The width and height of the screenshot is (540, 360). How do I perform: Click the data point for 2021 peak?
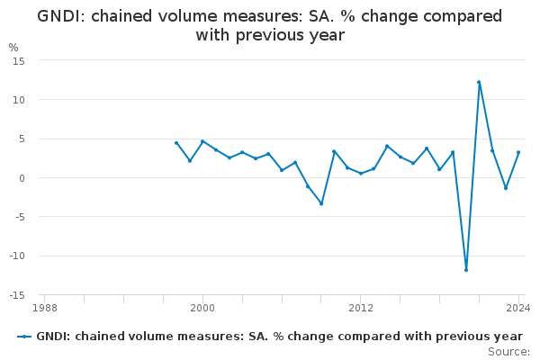click(x=479, y=82)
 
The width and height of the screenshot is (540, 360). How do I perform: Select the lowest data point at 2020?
click(x=466, y=270)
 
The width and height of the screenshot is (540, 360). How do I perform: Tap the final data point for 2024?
click(x=518, y=152)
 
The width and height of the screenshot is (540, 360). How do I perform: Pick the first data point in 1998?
click(x=176, y=142)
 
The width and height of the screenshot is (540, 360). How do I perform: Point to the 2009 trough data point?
click(x=321, y=203)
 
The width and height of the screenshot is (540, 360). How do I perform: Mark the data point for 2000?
click(x=202, y=141)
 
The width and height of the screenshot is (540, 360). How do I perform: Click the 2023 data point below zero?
click(x=505, y=188)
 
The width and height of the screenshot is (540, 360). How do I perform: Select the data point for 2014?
click(x=387, y=146)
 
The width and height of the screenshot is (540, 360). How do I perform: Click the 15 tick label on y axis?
click(x=18, y=60)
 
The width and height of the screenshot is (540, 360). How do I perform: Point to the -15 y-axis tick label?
click(x=16, y=295)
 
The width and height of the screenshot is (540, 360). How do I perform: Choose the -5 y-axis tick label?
click(x=18, y=217)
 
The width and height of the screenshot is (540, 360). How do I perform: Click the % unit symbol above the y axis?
click(x=13, y=47)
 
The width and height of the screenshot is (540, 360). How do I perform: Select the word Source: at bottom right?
click(x=508, y=351)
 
